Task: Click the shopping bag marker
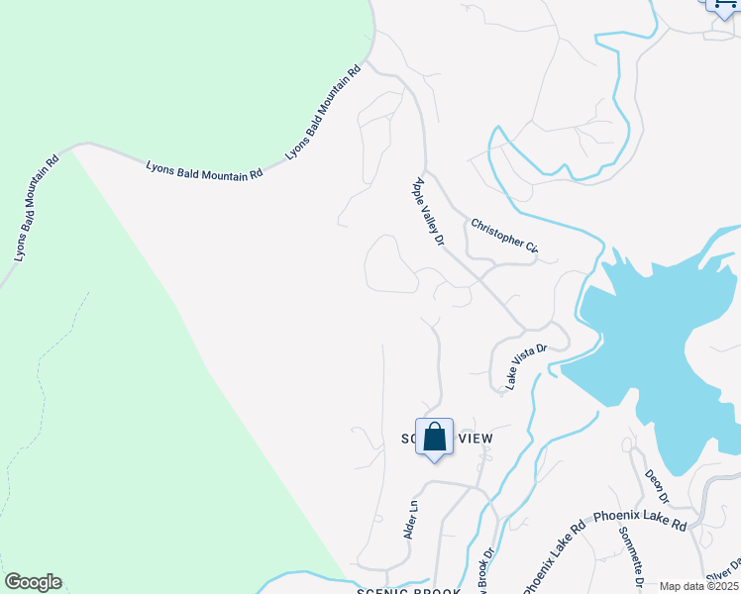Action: pos(434,437)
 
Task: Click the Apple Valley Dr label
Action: pos(427,210)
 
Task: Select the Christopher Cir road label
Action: pos(503,235)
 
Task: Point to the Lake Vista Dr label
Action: pos(527,366)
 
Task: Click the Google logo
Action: pos(33,582)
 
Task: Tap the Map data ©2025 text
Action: pos(699,586)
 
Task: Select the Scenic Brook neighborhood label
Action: pos(408,591)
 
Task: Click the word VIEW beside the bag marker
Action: pos(474,438)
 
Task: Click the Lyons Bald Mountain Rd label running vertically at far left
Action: pos(38,207)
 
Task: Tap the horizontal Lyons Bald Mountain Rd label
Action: pos(204,170)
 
